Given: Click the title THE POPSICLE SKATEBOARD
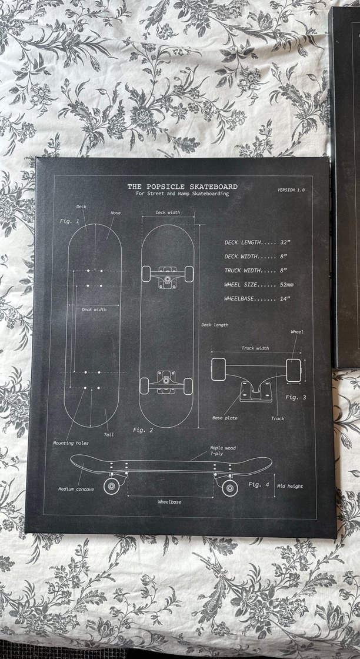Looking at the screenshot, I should pyautogui.click(x=182, y=187).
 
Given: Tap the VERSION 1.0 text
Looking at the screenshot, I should pyautogui.click(x=291, y=190).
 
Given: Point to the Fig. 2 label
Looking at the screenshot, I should pyautogui.click(x=143, y=430).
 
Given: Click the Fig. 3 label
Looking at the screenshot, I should pyautogui.click(x=296, y=397).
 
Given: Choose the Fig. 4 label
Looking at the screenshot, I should pyautogui.click(x=259, y=484).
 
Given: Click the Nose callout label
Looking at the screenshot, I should pyautogui.click(x=115, y=213).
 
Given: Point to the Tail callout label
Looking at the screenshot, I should pyautogui.click(x=108, y=435).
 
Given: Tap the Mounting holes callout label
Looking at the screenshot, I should pyautogui.click(x=71, y=443).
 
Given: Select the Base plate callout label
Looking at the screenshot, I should pyautogui.click(x=225, y=418).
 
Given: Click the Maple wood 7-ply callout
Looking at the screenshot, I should pyautogui.click(x=223, y=451).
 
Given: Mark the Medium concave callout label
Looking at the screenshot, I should pyautogui.click(x=76, y=489).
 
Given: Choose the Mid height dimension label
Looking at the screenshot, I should pyautogui.click(x=290, y=486).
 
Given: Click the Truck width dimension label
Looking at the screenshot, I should pyautogui.click(x=255, y=348).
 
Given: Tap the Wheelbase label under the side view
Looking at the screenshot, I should pyautogui.click(x=169, y=502).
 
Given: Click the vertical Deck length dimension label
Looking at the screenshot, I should pyautogui.click(x=215, y=325).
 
